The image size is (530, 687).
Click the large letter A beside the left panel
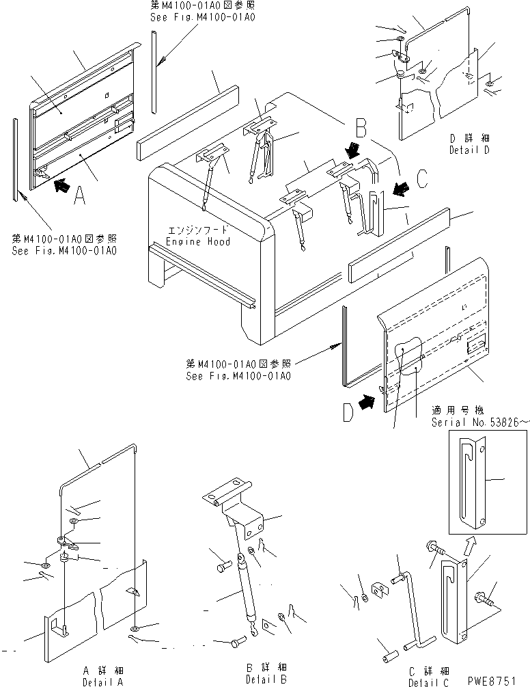(x=79, y=196)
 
